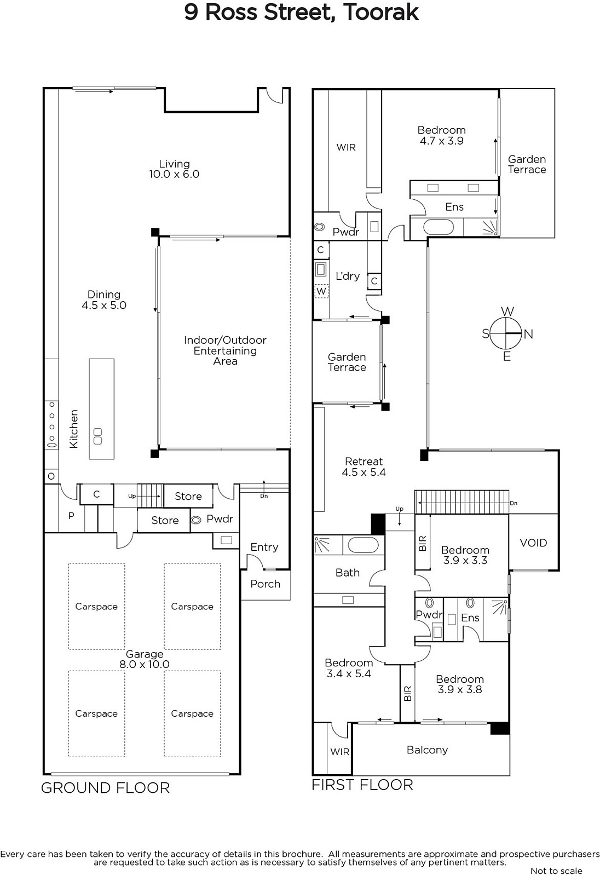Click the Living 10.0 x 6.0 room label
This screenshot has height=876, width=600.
tap(174, 169)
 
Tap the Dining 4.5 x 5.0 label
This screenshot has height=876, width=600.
tap(104, 300)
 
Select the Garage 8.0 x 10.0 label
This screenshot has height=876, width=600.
tap(145, 659)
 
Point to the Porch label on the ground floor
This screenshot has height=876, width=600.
tap(265, 584)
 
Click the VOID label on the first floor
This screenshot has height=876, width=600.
tap(533, 543)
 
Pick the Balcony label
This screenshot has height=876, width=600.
tap(427, 750)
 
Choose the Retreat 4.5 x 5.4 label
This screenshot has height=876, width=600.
tap(364, 467)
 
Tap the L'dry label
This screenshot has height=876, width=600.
tap(348, 276)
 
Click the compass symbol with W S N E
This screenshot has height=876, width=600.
tap(506, 334)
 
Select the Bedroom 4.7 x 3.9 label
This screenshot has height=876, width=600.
tap(441, 135)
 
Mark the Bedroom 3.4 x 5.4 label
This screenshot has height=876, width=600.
tap(349, 668)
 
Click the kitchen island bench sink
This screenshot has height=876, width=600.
tap(98, 436)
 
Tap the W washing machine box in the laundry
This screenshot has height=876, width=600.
tap(321, 291)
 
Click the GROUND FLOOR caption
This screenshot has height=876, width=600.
tap(105, 788)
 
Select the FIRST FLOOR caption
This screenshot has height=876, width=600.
tap(362, 785)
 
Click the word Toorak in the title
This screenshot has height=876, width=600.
tap(381, 12)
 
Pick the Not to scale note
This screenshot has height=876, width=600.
tap(556, 871)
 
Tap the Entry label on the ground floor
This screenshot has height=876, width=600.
tap(264, 547)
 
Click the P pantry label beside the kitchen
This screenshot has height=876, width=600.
tap(71, 516)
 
